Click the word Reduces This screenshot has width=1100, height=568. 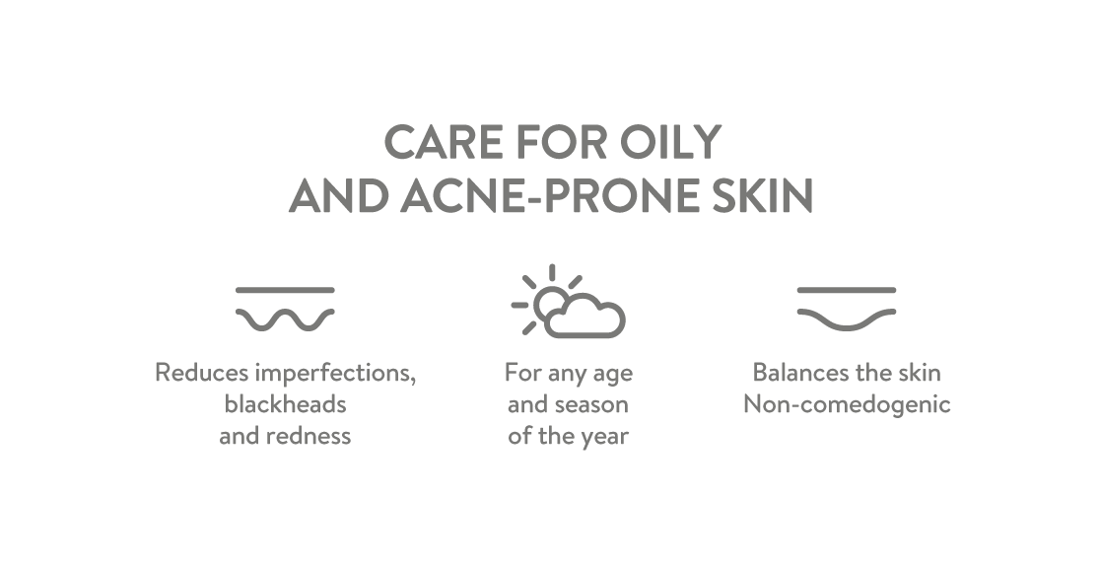(201, 372)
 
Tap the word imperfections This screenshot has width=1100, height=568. (335, 374)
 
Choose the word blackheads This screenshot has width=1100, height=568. (286, 404)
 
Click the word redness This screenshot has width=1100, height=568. (309, 435)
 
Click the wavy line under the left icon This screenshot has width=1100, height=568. (285, 319)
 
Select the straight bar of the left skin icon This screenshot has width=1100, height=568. (285, 289)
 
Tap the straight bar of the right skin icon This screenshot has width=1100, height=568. (847, 289)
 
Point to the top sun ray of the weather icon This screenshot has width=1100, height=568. (552, 272)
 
